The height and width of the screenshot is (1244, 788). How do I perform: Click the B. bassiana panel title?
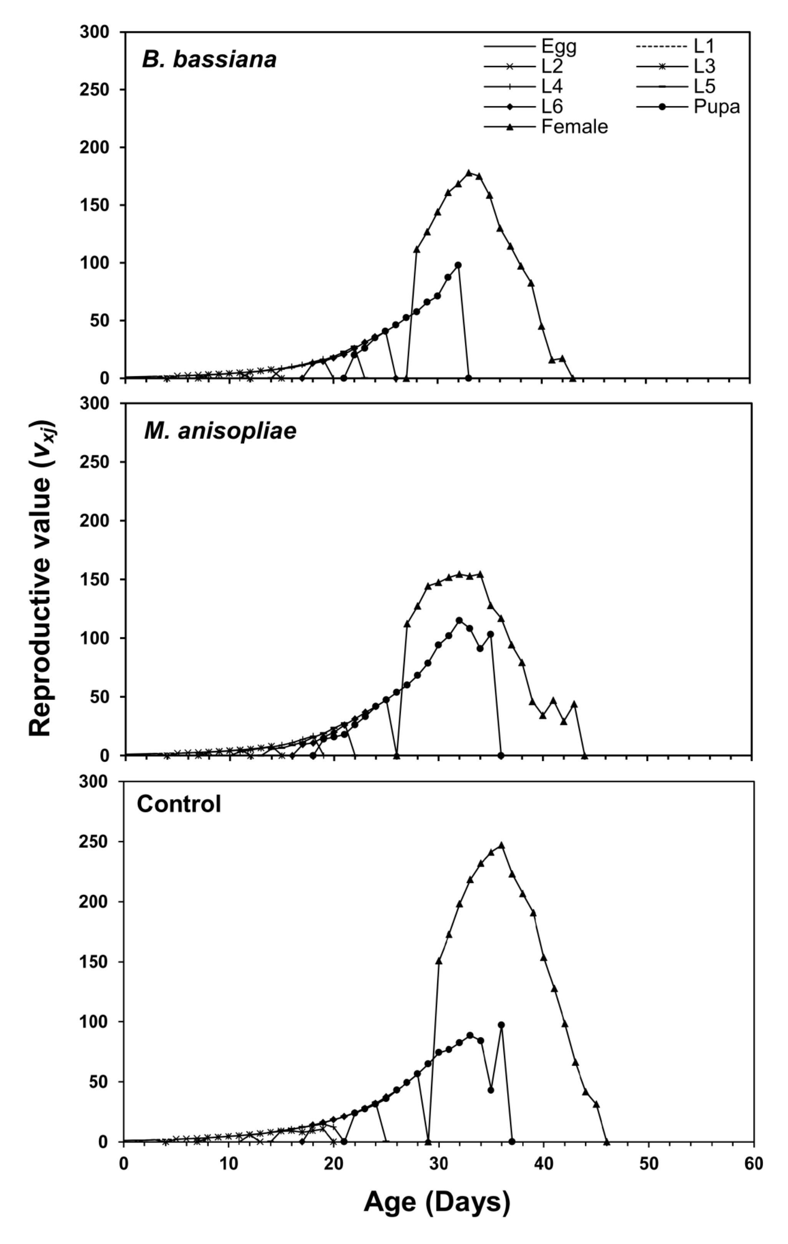pos(209,60)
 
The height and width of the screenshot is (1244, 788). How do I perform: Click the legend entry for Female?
pos(574,127)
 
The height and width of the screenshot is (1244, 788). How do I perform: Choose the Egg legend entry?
pos(558,46)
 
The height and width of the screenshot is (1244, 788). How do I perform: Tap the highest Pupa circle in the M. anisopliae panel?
pos(459,620)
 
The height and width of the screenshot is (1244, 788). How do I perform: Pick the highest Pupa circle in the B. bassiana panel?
pos(458,265)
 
